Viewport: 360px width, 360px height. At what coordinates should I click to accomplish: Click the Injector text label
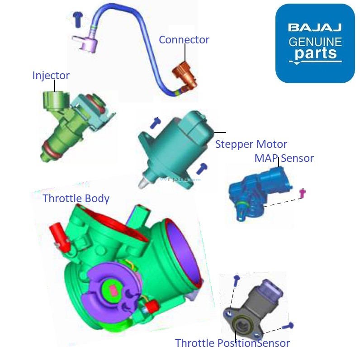pyautogui.click(x=51, y=76)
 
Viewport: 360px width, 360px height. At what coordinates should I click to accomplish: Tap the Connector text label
pyautogui.click(x=184, y=40)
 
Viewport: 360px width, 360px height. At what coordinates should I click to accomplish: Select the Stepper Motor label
pyautogui.click(x=251, y=144)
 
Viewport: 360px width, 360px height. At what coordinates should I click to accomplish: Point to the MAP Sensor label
pyautogui.click(x=284, y=158)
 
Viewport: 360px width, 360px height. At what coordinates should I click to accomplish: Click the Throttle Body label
pyautogui.click(x=76, y=199)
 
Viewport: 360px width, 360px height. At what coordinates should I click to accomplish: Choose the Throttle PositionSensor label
pyautogui.click(x=232, y=343)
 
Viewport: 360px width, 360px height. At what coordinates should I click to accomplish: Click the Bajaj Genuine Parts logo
pyautogui.click(x=315, y=43)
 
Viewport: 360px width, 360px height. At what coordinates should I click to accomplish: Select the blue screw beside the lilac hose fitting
pyautogui.click(x=77, y=18)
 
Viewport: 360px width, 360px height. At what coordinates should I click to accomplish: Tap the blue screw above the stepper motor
pyautogui.click(x=156, y=122)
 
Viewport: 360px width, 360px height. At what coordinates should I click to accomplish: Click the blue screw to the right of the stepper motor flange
pyautogui.click(x=202, y=169)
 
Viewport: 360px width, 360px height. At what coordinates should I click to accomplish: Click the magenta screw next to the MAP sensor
pyautogui.click(x=303, y=193)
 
